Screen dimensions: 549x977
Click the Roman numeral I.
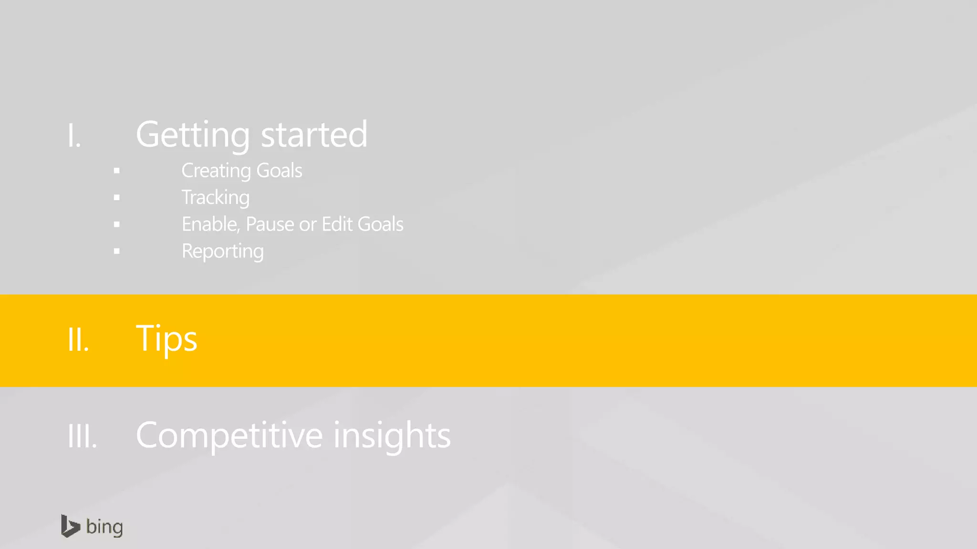pyautogui.click(x=74, y=135)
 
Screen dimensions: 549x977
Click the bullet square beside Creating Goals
pyautogui.click(x=117, y=171)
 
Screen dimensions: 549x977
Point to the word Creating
pyautogui.click(x=216, y=171)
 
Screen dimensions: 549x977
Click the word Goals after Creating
pyautogui.click(x=279, y=171)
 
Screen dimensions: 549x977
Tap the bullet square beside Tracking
pyautogui.click(x=117, y=197)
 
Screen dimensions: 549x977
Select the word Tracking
pyautogui.click(x=216, y=198)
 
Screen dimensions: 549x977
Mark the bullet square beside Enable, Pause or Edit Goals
pyautogui.click(x=117, y=224)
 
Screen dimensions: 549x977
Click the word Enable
pyautogui.click(x=210, y=224)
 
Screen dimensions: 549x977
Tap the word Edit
pyautogui.click(x=337, y=224)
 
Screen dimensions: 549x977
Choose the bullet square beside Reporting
pyautogui.click(x=117, y=251)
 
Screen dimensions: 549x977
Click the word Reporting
pyautogui.click(x=222, y=252)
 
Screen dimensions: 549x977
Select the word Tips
pyautogui.click(x=166, y=339)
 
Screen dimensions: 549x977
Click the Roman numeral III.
pyautogui.click(x=82, y=436)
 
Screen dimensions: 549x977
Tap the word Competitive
pyautogui.click(x=229, y=435)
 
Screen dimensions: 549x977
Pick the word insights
pyautogui.click(x=392, y=436)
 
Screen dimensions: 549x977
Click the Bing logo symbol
pyautogui.click(x=70, y=526)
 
